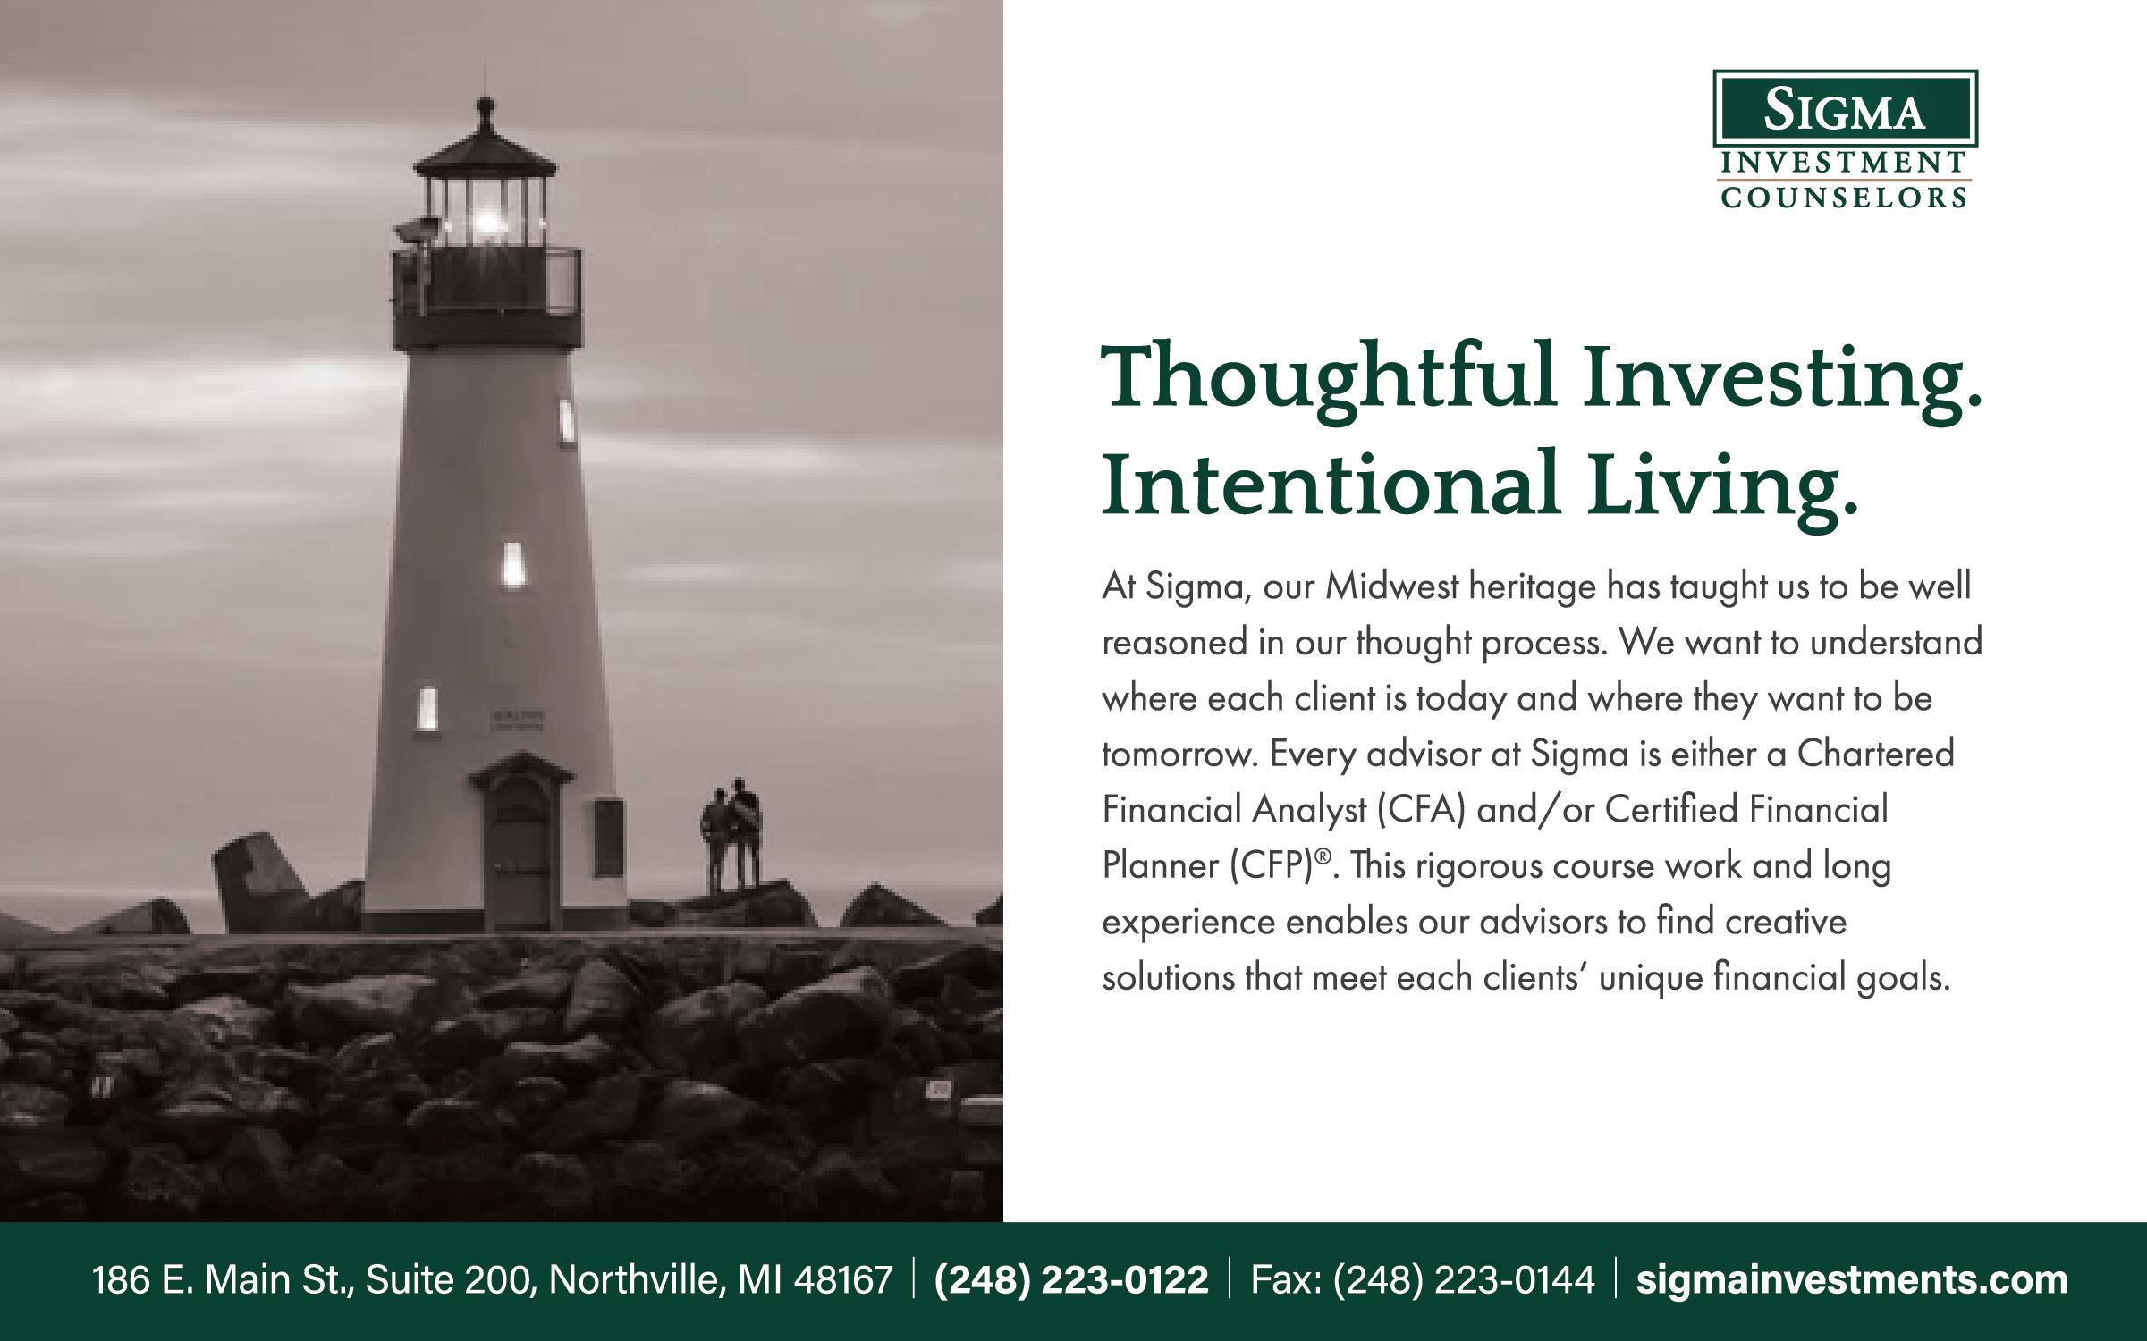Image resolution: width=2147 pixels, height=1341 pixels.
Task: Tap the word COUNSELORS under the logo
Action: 1845,198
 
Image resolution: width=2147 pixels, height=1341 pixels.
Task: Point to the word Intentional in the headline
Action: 1331,484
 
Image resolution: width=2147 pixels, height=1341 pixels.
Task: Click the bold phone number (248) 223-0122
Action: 1071,1280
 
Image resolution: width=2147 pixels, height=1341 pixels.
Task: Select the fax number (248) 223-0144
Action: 1464,1280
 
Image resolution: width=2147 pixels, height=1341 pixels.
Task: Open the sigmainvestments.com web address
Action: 1852,1280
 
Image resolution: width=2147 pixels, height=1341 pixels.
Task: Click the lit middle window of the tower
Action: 512,563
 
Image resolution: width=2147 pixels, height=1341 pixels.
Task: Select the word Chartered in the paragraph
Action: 1876,754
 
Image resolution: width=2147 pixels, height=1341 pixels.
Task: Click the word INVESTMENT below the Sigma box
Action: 1845,163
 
